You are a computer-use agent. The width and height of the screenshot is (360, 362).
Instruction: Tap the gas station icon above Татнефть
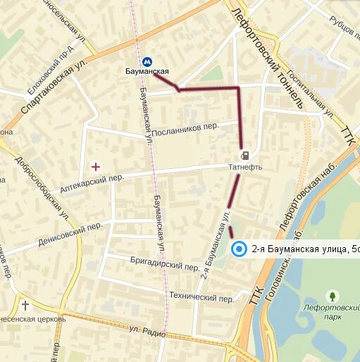244,156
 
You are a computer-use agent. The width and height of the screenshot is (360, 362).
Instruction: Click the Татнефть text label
244,167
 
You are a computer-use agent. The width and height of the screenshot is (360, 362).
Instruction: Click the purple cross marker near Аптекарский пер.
96,166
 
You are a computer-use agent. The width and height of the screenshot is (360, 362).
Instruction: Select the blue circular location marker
240,249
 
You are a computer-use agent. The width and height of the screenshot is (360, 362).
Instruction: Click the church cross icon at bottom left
25,306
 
